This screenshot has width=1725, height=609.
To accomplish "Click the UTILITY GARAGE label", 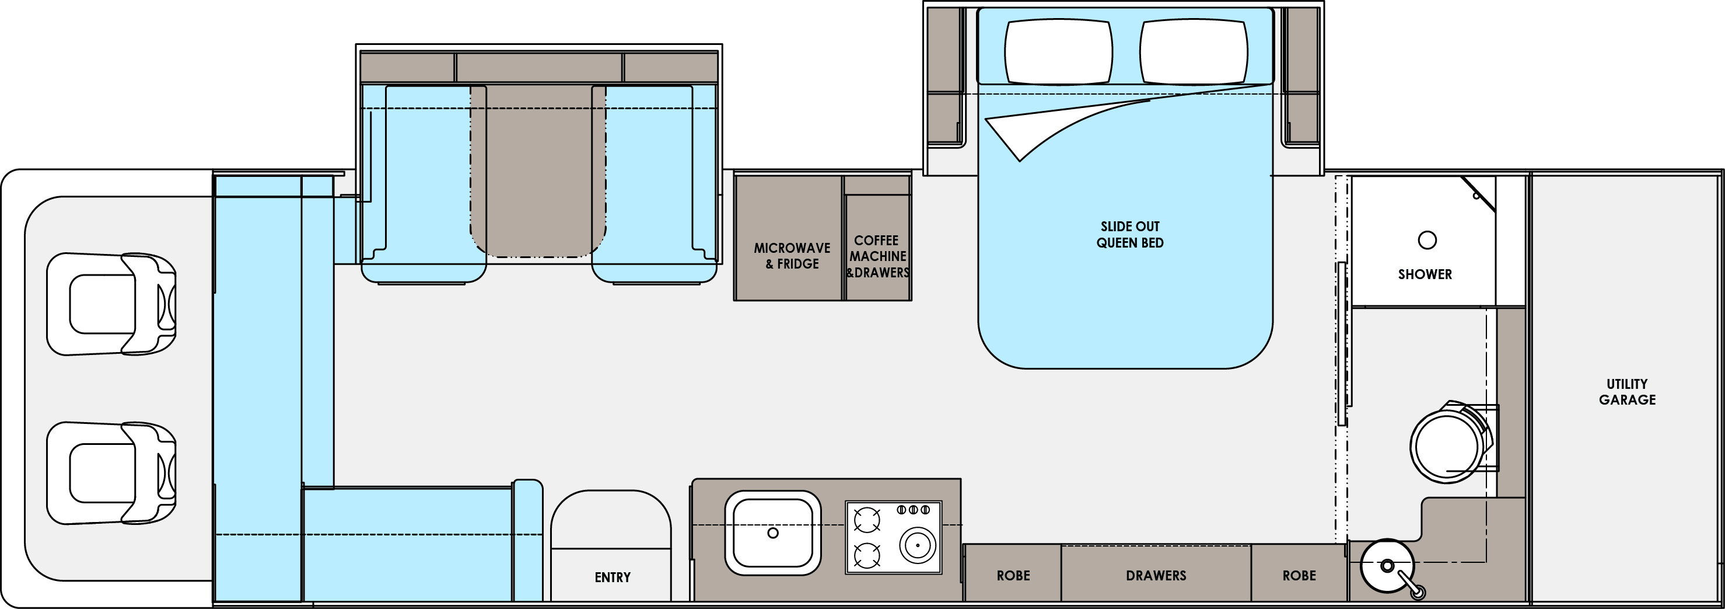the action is pos(1627,392).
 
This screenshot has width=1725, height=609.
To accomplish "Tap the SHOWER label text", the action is pos(1425,274).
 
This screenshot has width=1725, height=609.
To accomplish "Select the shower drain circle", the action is pos(1427,240).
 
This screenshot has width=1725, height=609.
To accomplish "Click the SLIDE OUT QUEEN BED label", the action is pos(1130,235).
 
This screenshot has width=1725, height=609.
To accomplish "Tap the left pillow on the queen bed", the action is pos(1059,51).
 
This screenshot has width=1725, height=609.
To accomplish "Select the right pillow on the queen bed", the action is pos(1194,51).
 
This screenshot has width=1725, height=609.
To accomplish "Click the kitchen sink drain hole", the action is pos(773,533).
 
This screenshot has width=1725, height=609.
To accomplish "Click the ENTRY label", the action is pos(613,577).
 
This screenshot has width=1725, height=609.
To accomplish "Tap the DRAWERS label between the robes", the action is pos(1156,576).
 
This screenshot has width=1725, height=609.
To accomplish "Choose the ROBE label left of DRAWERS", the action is pos(1013,576).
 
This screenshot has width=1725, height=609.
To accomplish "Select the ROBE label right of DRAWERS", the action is pos(1299,576).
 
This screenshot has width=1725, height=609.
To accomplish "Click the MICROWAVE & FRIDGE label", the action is pos(792,256).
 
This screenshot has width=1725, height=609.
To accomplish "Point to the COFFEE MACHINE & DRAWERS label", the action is pos(877,256).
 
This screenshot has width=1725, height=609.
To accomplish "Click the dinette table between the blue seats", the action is pos(538,171).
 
